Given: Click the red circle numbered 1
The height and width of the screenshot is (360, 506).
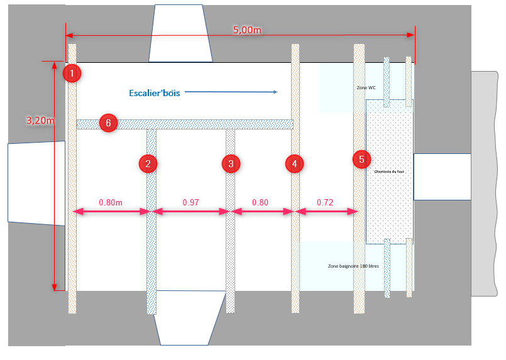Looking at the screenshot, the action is (x=72, y=74).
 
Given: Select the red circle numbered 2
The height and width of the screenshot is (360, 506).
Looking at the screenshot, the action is (x=148, y=164).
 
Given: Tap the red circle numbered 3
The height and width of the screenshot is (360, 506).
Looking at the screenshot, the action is (x=231, y=164).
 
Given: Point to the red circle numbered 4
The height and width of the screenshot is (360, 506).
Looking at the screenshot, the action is (x=294, y=164).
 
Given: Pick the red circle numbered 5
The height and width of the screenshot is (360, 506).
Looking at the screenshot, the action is (x=361, y=159).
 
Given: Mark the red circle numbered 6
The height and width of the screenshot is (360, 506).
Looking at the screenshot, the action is (x=108, y=123).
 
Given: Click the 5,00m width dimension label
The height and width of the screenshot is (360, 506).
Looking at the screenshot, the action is (x=247, y=30).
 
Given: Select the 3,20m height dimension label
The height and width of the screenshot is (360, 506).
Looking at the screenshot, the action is (x=39, y=120).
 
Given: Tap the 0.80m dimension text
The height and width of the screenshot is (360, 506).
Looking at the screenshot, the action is (x=111, y=202).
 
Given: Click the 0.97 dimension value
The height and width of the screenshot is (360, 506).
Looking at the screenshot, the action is (x=190, y=202).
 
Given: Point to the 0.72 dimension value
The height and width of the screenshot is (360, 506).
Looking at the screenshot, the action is (x=325, y=202).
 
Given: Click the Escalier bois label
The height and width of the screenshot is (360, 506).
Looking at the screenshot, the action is (x=154, y=93).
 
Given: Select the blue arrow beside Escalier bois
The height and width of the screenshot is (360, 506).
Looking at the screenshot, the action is (x=231, y=92).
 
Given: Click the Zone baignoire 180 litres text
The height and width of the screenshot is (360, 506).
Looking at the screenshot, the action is (x=353, y=266).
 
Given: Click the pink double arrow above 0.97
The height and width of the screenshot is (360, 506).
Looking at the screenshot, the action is (x=190, y=212).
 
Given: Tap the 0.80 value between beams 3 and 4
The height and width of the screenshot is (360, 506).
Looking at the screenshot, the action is (x=260, y=202).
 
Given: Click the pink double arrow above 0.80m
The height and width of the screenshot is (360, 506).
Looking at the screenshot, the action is (x=111, y=212).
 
